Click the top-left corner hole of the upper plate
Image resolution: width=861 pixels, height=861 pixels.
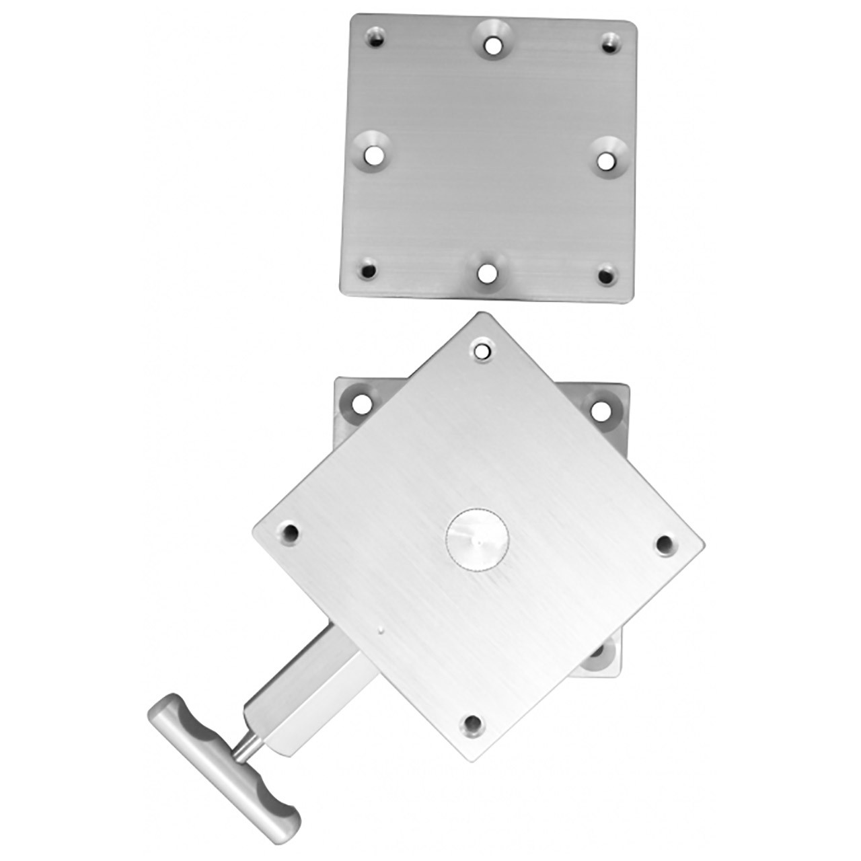375,39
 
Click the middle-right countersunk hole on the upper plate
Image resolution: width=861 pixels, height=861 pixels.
606,161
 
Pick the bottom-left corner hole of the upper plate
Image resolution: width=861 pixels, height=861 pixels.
368,271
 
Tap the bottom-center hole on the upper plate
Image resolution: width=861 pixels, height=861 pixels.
485,274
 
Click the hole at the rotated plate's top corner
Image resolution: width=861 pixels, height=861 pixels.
482,350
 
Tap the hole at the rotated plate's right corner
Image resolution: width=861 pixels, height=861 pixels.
665,544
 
